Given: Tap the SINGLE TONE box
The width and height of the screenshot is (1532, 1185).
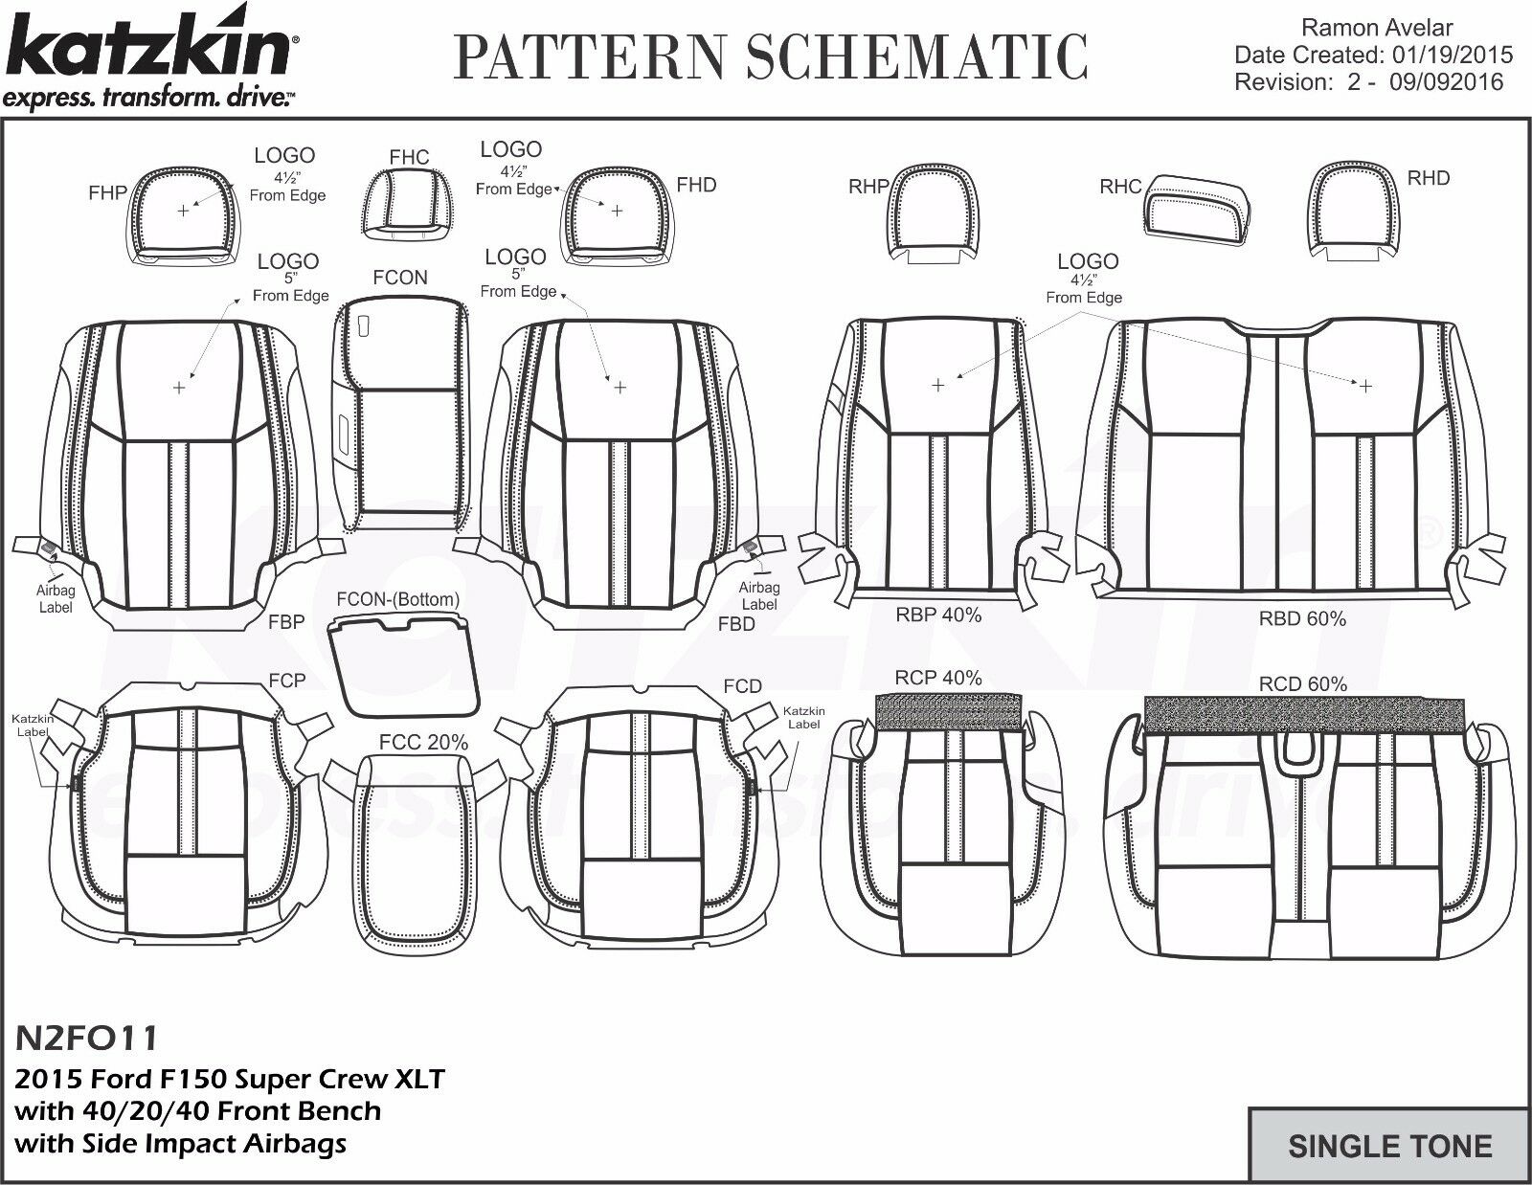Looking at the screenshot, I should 1389,1146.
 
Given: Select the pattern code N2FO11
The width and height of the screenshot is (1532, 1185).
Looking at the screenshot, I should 86,1037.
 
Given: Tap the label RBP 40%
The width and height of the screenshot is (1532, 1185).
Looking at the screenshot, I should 938,615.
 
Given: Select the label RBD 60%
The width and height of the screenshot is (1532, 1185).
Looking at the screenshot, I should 1302,618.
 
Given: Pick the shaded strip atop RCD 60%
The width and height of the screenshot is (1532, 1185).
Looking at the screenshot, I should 1304,714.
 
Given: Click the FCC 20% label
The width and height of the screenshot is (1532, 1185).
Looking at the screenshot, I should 423,742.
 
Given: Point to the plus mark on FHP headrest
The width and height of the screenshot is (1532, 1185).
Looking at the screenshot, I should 183,210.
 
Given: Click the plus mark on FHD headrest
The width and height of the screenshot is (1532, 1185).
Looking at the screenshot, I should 617,210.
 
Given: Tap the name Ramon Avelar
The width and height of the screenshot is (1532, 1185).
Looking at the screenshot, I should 1378,28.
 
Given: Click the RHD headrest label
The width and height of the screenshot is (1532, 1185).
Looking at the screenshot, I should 1428,178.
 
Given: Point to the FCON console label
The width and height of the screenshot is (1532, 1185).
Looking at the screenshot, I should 399,278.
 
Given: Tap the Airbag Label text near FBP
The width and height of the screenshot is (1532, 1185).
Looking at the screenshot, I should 56,599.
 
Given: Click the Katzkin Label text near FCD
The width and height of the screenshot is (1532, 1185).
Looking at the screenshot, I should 803,718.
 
